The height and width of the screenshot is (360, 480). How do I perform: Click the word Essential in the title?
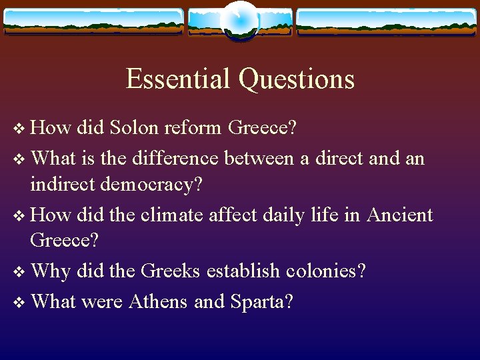tap(179, 79)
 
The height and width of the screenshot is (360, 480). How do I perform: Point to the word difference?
tap(176, 158)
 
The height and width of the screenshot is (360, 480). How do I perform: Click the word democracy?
tap(157, 184)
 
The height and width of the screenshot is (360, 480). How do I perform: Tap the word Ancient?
tap(400, 215)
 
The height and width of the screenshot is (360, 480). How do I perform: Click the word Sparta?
tap(261, 302)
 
